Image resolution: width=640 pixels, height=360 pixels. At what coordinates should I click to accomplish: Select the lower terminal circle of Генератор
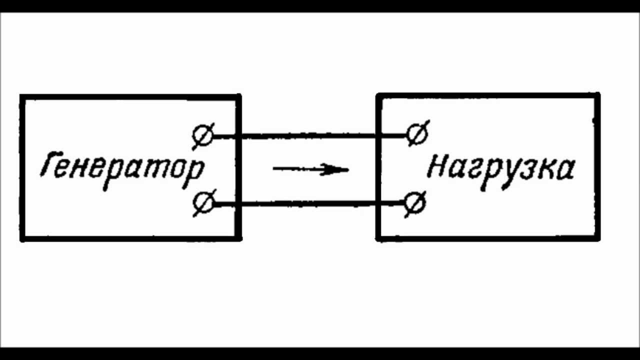203,203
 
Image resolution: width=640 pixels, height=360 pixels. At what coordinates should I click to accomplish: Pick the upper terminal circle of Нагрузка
416,133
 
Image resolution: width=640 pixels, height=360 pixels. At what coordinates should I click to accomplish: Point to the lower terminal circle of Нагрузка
414,203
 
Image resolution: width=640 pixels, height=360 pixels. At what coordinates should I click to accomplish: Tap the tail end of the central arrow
274,169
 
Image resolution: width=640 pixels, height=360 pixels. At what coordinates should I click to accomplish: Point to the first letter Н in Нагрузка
437,167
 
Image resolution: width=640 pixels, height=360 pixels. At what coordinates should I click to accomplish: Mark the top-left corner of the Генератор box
21,96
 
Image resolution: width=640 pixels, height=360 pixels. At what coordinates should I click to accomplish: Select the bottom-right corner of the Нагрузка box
598,239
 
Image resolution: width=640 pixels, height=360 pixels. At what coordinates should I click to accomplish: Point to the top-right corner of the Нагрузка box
598,94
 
